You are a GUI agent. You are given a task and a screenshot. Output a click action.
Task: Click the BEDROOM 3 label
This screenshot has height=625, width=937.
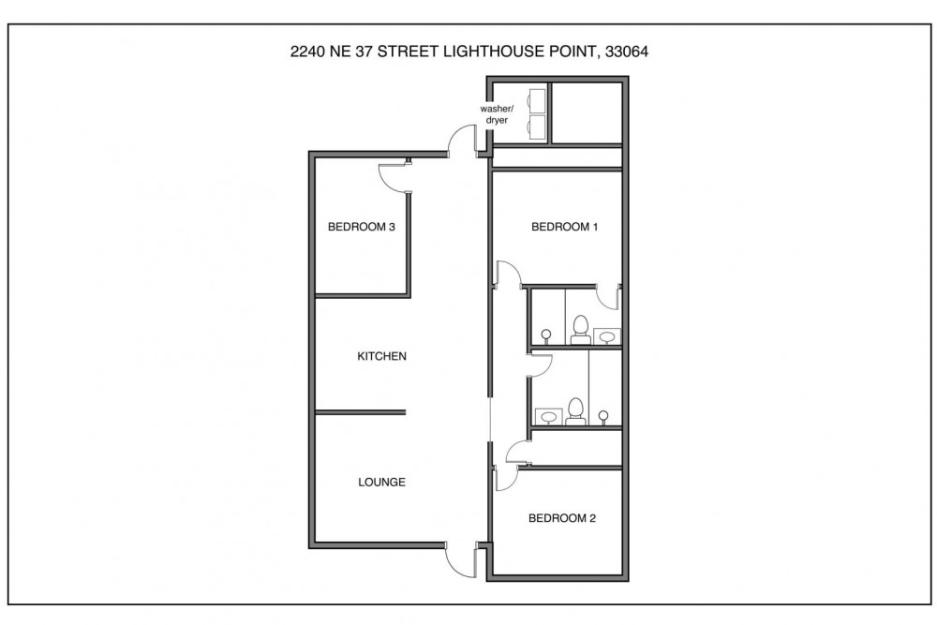[x=361, y=227]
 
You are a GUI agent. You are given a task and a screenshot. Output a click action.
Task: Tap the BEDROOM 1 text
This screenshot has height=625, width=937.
[x=564, y=227]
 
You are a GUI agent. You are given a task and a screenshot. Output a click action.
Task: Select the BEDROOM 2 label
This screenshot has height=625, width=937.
[x=561, y=518]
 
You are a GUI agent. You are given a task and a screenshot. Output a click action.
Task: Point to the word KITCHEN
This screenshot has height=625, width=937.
[x=381, y=356]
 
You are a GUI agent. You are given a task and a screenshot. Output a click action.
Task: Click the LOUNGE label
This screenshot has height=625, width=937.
[x=381, y=483]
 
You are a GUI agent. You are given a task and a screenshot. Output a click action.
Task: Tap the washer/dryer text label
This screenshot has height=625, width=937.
[x=497, y=114]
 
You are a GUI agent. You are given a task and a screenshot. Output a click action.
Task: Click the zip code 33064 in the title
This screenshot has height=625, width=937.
[x=626, y=52]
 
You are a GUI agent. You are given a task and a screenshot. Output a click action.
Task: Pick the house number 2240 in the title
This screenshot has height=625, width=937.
[x=307, y=52]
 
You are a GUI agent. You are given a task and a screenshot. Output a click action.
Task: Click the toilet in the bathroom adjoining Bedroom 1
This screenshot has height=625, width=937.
[x=580, y=331]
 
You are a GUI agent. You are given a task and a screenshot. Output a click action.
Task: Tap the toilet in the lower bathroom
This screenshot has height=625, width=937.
[x=575, y=411]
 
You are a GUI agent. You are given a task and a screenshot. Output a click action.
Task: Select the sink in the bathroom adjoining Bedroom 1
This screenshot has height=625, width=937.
[x=606, y=336]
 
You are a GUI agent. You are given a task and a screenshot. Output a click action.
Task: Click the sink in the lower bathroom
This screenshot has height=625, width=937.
[x=548, y=416]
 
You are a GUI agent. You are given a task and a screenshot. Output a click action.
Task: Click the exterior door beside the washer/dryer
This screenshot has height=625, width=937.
[x=463, y=139]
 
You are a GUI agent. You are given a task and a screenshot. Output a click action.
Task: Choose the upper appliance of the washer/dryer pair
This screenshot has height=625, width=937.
[x=537, y=101]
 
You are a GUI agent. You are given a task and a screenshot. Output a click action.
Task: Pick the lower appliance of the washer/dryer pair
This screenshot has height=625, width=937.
[x=537, y=127]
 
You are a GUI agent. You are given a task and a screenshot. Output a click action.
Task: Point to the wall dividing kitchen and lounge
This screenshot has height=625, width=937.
[x=361, y=412]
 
